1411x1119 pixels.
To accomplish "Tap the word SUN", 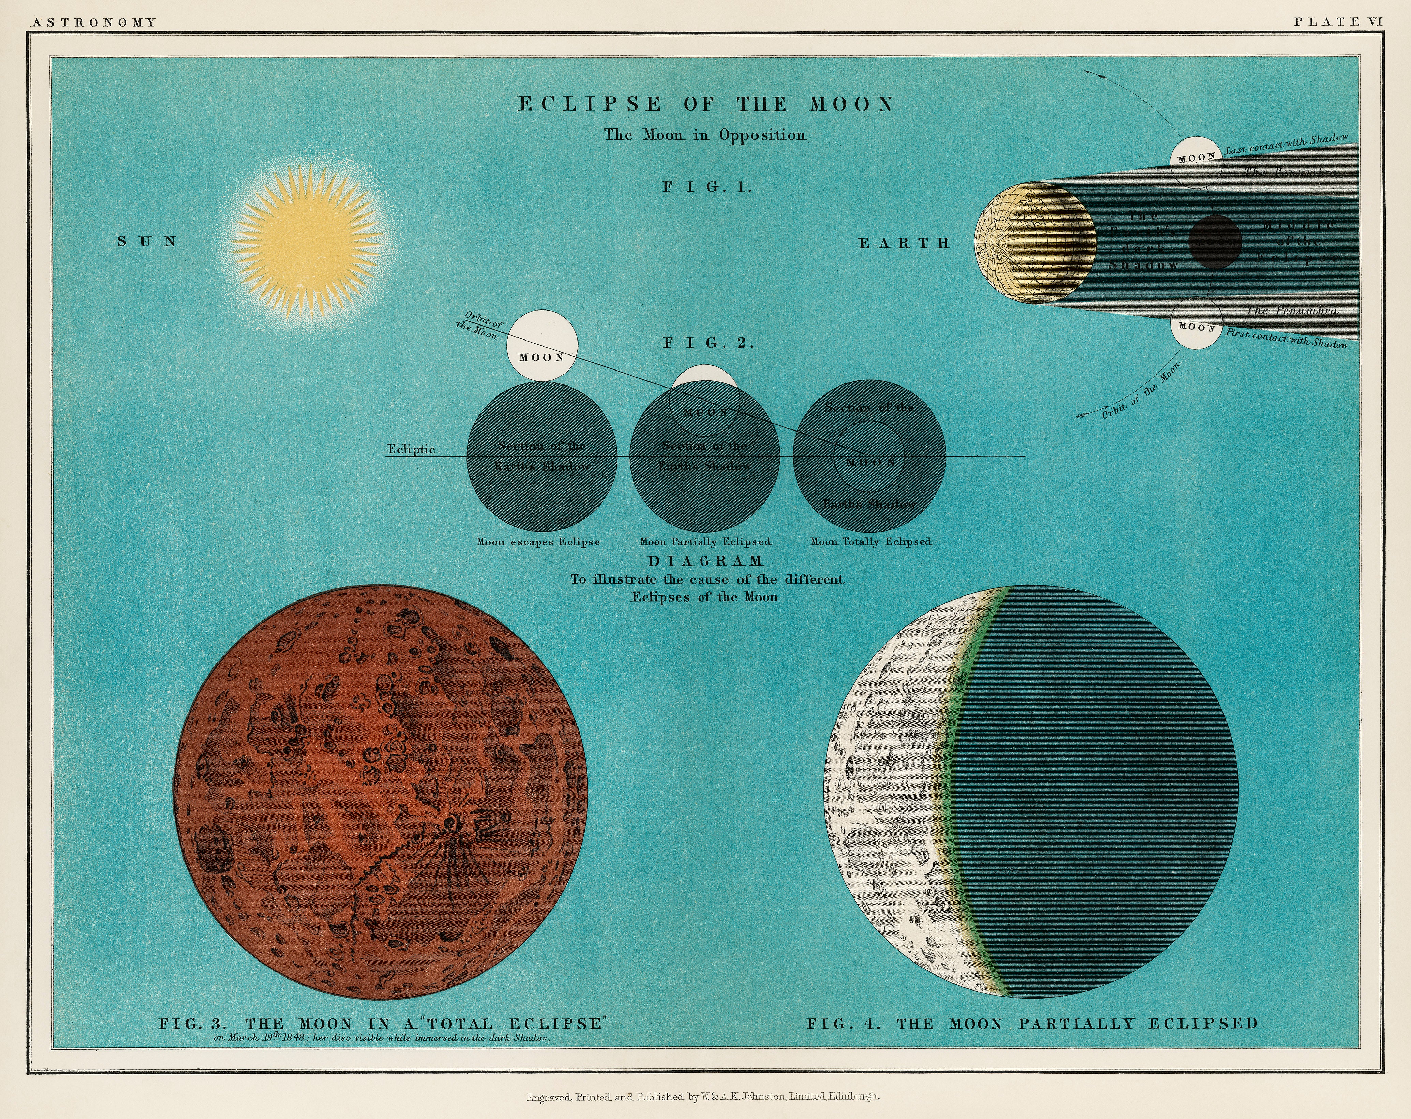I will click(147, 241).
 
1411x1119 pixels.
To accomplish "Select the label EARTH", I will click(904, 243).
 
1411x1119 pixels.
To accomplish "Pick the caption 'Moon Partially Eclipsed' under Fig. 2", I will click(705, 542).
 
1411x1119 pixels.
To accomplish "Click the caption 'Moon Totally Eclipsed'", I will click(870, 542).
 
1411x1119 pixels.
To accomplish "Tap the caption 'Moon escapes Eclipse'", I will click(538, 542).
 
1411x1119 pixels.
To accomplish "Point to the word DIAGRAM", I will click(706, 561).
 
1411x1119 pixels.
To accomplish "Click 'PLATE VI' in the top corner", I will click(1338, 21).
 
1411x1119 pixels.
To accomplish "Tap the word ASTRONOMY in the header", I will click(94, 22).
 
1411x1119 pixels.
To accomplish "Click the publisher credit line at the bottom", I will click(704, 1097).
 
